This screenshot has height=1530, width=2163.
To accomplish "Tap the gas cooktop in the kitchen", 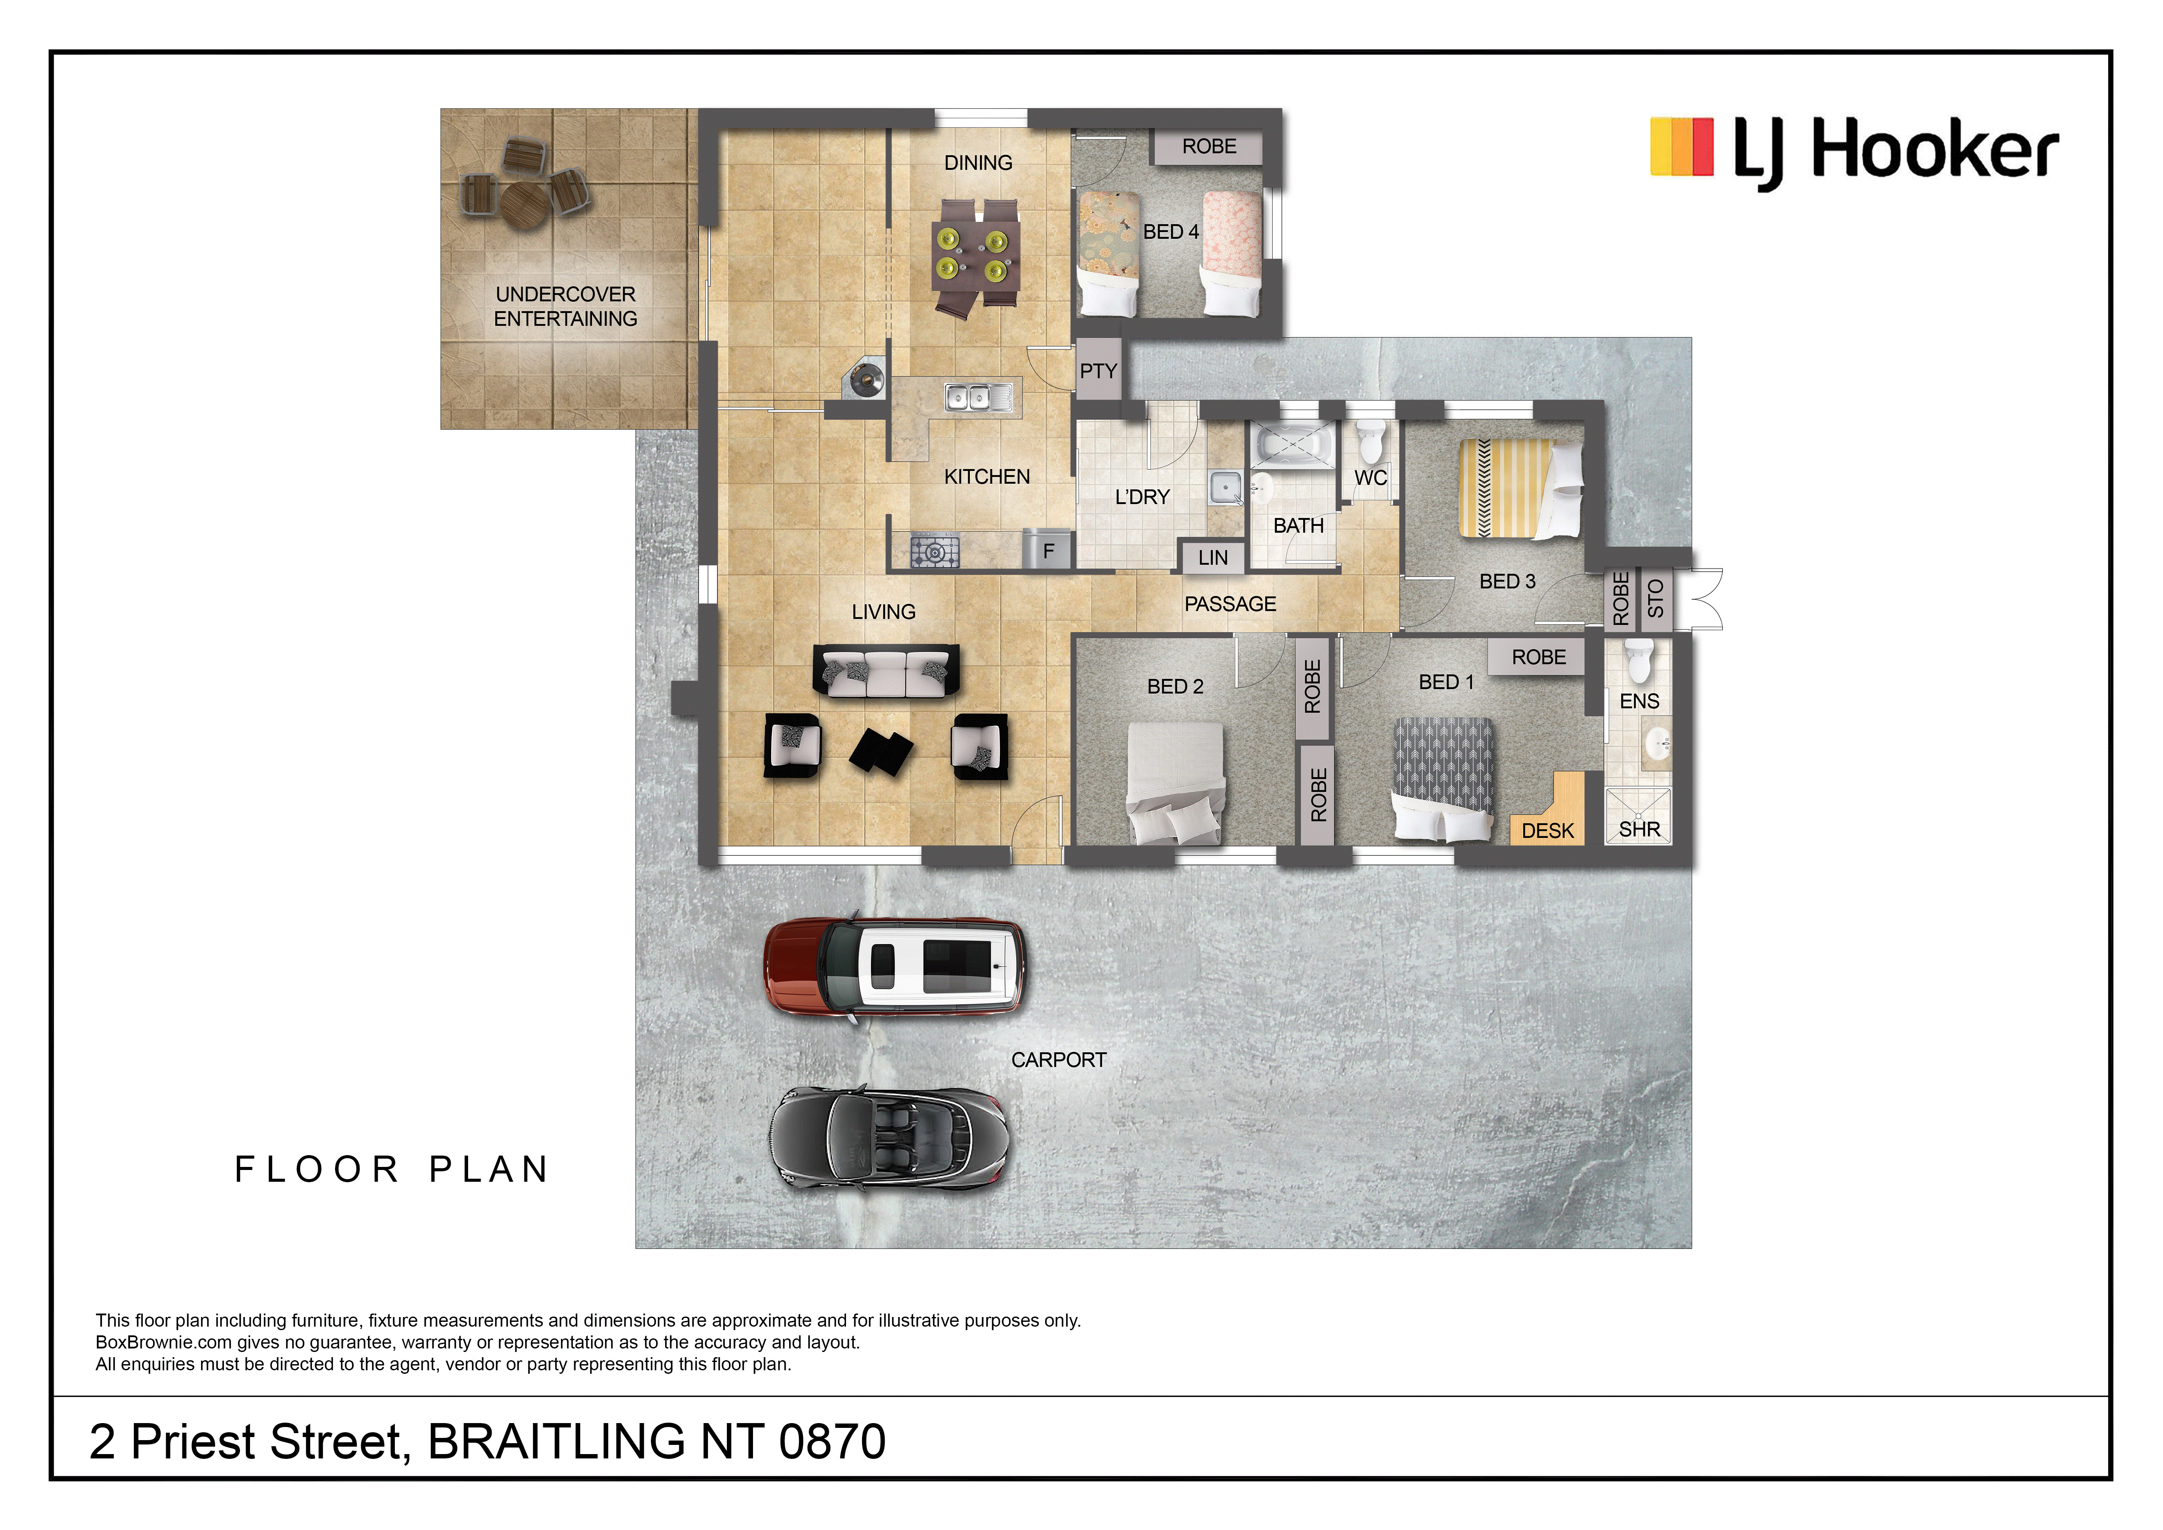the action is [934, 550].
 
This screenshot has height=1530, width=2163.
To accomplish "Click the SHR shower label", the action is [1639, 830].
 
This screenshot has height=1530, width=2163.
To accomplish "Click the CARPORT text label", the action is [1059, 1060].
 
